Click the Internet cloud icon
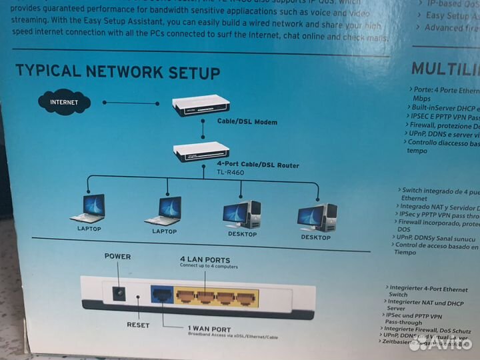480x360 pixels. [64, 103]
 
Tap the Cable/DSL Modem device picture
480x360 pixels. [201, 105]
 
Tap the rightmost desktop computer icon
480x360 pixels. [317, 217]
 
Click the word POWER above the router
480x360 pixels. [117, 257]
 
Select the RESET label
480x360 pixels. [138, 325]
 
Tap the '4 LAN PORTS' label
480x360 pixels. [205, 259]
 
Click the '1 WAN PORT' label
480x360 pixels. [209, 329]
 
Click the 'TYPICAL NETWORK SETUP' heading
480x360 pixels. [117, 72]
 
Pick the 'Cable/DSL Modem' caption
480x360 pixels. [247, 122]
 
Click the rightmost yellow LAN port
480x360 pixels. [247, 297]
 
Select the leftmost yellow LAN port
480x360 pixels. [185, 295]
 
